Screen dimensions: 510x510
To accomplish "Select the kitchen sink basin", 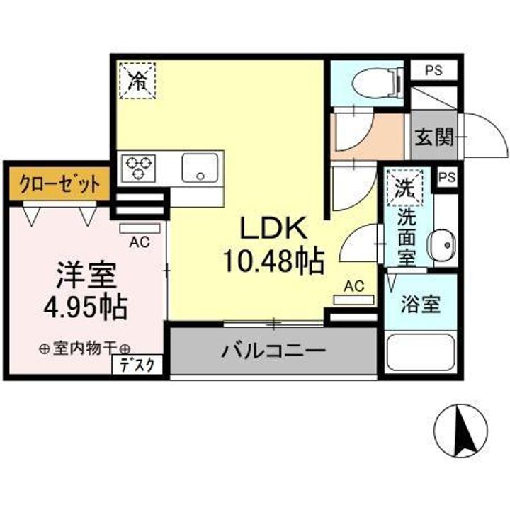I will pyautogui.click(x=202, y=168).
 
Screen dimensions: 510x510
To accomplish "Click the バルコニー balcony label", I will pyautogui.click(x=273, y=350).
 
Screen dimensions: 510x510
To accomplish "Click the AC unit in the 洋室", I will pyautogui.click(x=140, y=228).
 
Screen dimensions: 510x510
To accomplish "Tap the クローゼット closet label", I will pyautogui.click(x=59, y=186).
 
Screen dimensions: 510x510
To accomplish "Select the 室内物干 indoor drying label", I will pyautogui.click(x=85, y=348).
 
